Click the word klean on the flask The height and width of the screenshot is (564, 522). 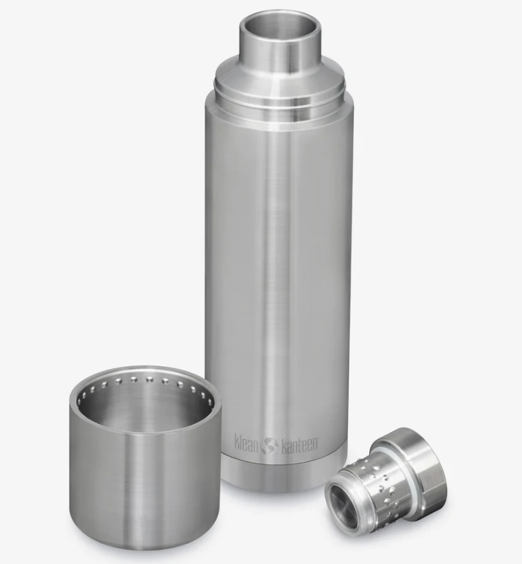246,443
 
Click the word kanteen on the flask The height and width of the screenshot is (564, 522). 299,444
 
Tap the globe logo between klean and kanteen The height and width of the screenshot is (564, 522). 271,445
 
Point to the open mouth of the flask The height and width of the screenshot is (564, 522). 279,26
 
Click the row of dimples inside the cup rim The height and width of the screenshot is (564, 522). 143,382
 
